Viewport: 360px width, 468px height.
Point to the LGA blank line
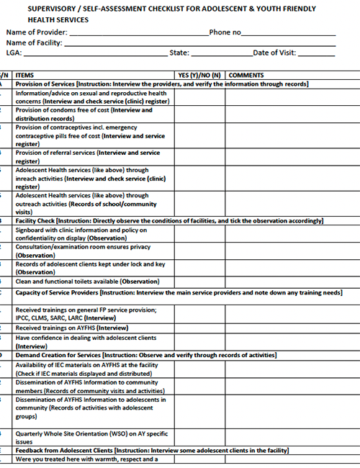(x=94, y=54)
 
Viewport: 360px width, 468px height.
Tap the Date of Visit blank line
(x=316, y=54)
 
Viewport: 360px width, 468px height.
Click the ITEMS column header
(x=24, y=75)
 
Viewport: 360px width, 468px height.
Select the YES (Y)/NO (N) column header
(x=199, y=75)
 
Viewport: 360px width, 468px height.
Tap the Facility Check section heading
(x=39, y=220)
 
